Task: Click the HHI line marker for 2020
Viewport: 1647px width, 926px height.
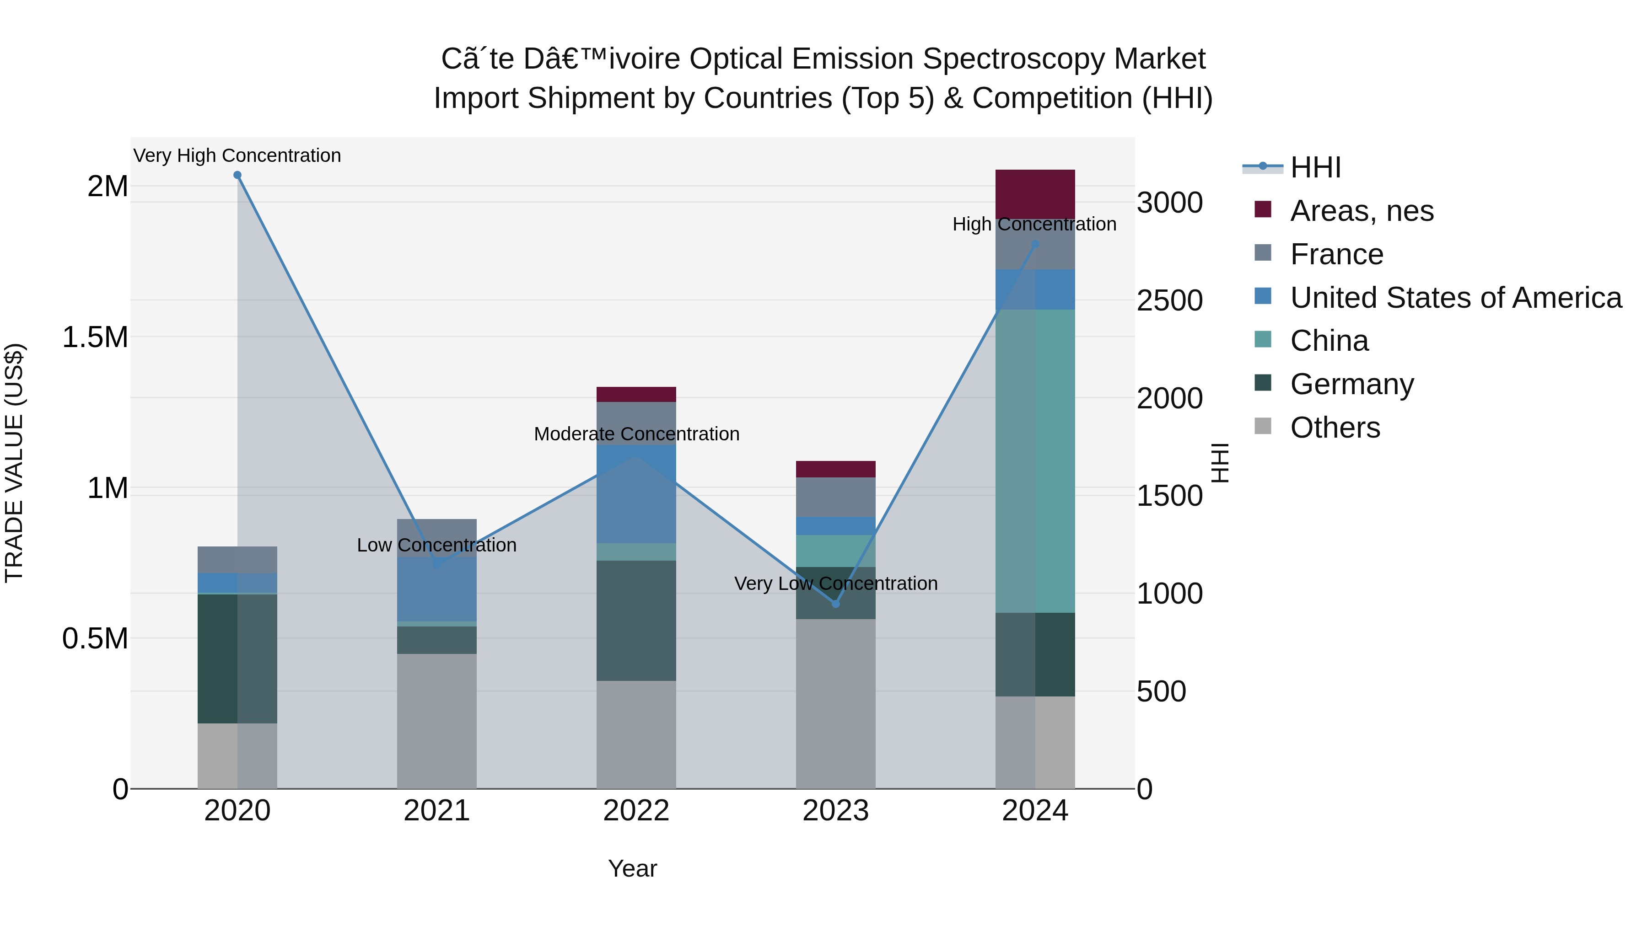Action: pyautogui.click(x=237, y=175)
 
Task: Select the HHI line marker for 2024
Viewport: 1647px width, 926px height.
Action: pyautogui.click(x=1036, y=244)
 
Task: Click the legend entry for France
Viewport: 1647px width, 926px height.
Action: pyautogui.click(x=1336, y=254)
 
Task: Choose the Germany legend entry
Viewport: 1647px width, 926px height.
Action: pyautogui.click(x=1351, y=384)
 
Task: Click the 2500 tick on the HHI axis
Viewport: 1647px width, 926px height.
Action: pyautogui.click(x=1169, y=300)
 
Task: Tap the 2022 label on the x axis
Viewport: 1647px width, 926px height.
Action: pyautogui.click(x=636, y=811)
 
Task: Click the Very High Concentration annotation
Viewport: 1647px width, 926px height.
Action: pyautogui.click(x=237, y=155)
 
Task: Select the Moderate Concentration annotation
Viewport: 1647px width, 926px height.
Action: pyautogui.click(x=636, y=434)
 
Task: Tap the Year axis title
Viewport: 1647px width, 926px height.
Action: pyautogui.click(x=632, y=868)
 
